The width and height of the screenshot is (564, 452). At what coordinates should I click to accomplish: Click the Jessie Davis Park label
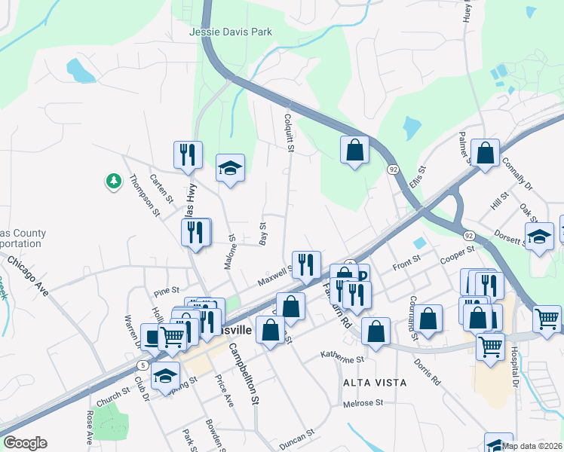pyautogui.click(x=230, y=32)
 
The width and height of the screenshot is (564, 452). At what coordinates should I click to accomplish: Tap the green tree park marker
pyautogui.click(x=113, y=181)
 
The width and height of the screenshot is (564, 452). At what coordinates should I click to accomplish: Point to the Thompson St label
pyautogui.click(x=144, y=196)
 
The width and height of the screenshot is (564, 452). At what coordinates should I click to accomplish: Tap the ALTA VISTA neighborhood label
pyautogui.click(x=375, y=383)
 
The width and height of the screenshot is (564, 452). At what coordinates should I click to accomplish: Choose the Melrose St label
pyautogui.click(x=363, y=404)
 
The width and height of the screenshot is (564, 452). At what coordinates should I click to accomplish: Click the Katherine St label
pyautogui.click(x=342, y=356)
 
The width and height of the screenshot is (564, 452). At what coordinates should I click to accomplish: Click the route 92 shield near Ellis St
pyautogui.click(x=393, y=170)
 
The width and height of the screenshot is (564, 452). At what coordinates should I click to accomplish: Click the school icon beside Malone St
pyautogui.click(x=231, y=167)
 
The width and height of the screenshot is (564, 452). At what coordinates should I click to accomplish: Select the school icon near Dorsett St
pyautogui.click(x=539, y=237)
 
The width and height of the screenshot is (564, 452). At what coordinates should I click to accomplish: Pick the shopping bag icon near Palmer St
pyautogui.click(x=486, y=153)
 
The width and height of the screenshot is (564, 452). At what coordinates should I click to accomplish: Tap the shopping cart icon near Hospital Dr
pyautogui.click(x=547, y=318)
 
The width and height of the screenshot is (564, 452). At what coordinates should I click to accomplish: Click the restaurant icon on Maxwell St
pyautogui.click(x=305, y=264)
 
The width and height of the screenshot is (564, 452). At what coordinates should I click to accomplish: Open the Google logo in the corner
pyautogui.click(x=25, y=443)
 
